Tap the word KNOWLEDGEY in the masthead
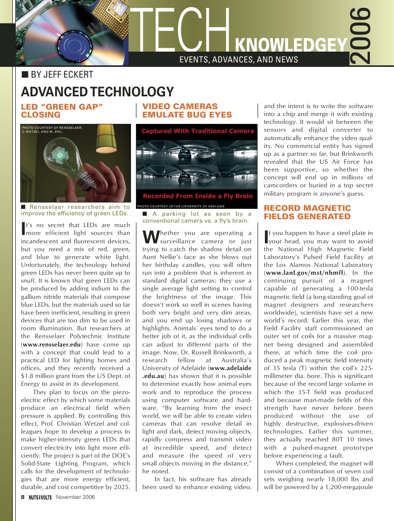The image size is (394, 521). point(291,46)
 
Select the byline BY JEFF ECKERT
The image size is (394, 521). point(62,75)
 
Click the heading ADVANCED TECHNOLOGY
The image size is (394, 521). point(97,92)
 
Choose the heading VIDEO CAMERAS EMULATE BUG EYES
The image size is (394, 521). point(187,111)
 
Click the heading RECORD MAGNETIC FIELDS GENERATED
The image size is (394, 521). point(307,212)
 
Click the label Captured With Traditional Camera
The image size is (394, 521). point(197,131)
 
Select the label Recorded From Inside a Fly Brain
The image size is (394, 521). point(197,196)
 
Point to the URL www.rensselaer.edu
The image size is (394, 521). point(51,346)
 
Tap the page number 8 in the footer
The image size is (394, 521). point(23,496)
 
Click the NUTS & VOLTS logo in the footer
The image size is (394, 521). point(40,497)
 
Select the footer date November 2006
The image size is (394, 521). point(75,497)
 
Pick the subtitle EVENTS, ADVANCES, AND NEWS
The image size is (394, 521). point(239,59)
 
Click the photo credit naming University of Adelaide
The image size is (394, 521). point(181,206)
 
